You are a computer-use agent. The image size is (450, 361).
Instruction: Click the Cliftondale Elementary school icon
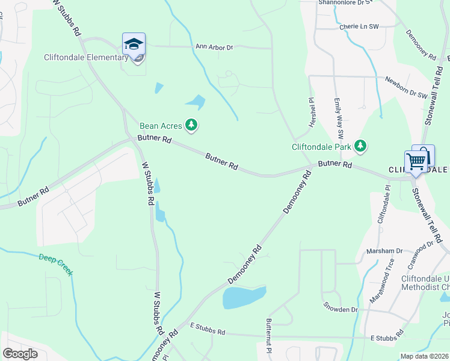134,45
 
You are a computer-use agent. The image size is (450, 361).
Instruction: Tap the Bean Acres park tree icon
192,125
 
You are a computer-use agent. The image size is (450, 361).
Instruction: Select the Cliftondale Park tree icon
360,146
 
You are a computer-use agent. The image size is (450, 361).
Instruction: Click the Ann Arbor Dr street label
214,46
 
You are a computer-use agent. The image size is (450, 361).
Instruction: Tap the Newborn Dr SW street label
405,88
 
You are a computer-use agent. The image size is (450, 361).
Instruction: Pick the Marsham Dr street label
387,251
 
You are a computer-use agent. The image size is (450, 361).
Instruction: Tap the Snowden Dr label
340,309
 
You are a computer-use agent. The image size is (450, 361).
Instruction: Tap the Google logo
20,353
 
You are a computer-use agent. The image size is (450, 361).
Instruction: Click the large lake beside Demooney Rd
244,297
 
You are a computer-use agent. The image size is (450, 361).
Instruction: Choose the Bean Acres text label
161,126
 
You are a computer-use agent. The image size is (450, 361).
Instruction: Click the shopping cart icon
415,161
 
